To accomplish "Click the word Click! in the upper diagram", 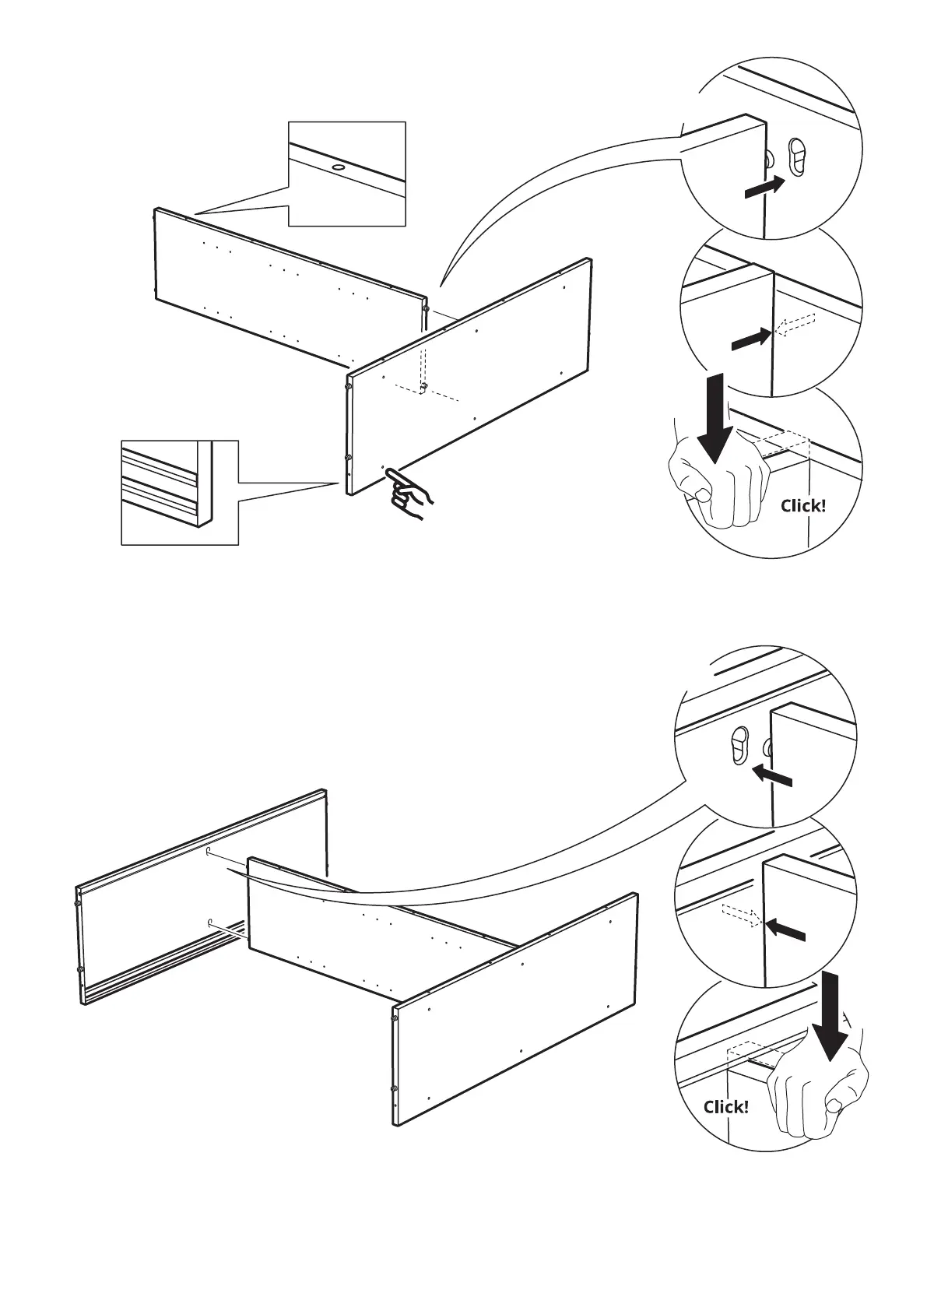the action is coord(803,506).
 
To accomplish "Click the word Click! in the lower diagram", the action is coord(725,1106).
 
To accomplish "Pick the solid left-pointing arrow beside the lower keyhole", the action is coord(773,776).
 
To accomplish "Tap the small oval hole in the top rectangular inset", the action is coord(339,167).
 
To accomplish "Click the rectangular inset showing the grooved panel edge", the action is coord(180,492).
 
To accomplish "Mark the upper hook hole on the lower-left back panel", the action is coord(209,852).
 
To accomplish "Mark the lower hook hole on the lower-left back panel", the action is coord(209,923).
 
